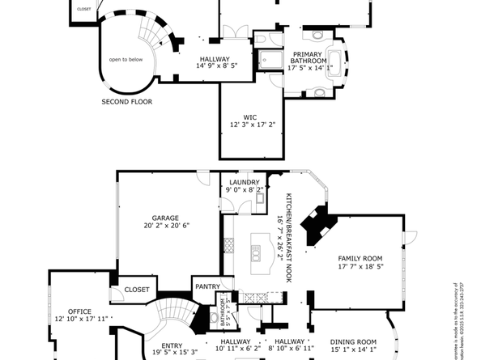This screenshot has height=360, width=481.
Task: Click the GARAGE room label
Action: click(x=165, y=218)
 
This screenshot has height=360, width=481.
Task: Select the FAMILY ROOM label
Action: click(x=359, y=258)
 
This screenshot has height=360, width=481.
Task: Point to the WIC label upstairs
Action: click(x=253, y=116)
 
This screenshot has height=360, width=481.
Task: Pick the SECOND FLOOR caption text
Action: click(x=126, y=102)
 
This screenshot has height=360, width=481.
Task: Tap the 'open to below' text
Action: click(x=126, y=59)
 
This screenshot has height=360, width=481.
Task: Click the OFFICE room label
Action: click(x=79, y=311)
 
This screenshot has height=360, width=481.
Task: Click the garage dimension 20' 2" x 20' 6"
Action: click(x=165, y=227)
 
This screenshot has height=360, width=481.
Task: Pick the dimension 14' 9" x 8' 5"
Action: click(x=215, y=67)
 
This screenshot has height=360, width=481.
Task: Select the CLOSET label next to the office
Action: click(x=137, y=289)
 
